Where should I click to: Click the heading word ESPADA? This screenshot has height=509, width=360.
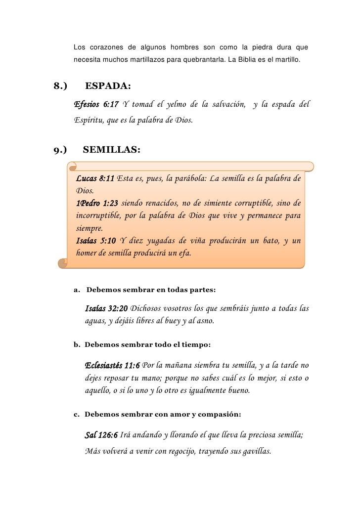click(108, 87)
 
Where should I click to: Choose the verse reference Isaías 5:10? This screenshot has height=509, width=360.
click(96, 241)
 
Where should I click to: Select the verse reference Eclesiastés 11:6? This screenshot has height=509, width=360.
click(112, 366)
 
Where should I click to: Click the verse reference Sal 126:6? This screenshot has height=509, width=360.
click(101, 435)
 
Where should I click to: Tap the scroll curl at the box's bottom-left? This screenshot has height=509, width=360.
click(63, 264)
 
